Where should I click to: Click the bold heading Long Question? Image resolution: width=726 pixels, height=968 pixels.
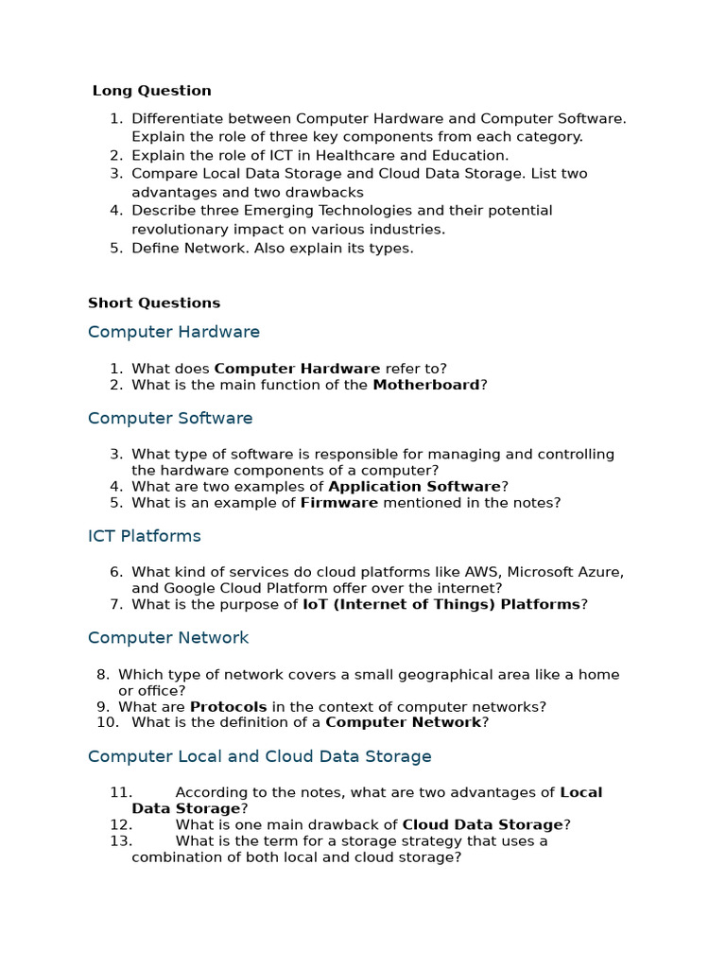(x=152, y=91)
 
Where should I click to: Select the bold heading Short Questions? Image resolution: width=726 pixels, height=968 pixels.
(x=154, y=303)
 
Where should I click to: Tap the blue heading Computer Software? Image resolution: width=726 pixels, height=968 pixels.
(x=170, y=418)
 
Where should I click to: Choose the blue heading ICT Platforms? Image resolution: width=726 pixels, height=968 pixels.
(x=145, y=536)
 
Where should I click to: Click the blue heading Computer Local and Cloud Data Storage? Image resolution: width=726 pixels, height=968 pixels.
(x=259, y=756)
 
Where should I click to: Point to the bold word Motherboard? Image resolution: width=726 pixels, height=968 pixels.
(x=426, y=385)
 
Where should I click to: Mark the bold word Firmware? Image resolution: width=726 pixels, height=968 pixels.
(x=338, y=503)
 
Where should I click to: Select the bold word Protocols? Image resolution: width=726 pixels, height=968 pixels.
(x=228, y=707)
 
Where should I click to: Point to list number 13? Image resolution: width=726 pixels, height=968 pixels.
(x=121, y=841)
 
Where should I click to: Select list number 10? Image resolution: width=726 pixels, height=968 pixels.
(x=108, y=722)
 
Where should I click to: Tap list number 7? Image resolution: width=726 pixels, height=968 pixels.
(x=116, y=604)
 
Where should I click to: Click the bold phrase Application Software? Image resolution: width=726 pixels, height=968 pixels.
(x=414, y=486)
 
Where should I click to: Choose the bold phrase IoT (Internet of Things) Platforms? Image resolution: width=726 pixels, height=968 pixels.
(x=441, y=604)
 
